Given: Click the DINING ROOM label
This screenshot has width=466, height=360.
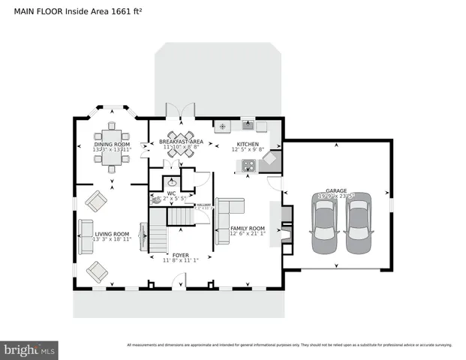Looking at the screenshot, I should pyautogui.click(x=111, y=144).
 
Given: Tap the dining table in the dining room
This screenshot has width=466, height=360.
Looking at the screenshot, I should pyautogui.click(x=111, y=146).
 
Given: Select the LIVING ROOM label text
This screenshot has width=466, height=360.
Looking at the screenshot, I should pyautogui.click(x=112, y=234).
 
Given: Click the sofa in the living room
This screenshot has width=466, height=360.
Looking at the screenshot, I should pyautogui.click(x=86, y=230).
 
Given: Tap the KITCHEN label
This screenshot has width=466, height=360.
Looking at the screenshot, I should pyautogui.click(x=248, y=143).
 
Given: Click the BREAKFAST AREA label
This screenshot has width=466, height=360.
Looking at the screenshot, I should pyautogui.click(x=181, y=142).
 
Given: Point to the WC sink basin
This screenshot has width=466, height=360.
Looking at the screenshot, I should pyautogui.click(x=173, y=181).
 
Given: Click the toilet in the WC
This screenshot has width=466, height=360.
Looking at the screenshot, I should pyautogui.click(x=157, y=200).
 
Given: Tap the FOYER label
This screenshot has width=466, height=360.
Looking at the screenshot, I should pyautogui.click(x=180, y=255).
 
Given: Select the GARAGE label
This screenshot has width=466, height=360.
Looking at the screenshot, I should pyautogui.click(x=335, y=191).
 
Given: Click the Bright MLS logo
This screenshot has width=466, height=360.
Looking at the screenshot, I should pyautogui.click(x=29, y=350).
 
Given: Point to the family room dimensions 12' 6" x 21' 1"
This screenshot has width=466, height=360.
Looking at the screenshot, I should pyautogui.click(x=248, y=234).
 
